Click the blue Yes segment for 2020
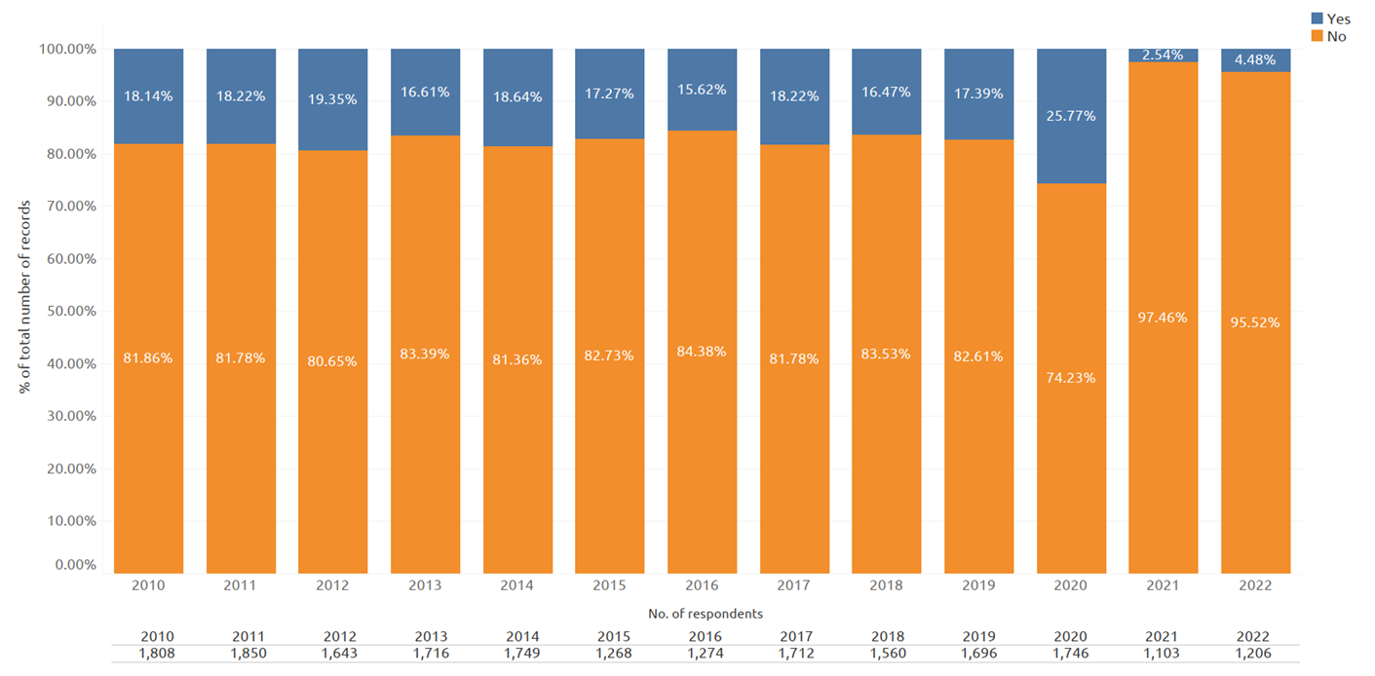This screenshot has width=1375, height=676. [x=1071, y=116]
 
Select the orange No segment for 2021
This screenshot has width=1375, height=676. [x=1164, y=318]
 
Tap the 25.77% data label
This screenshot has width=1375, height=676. [x=1071, y=116]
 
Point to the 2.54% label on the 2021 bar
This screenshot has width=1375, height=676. [x=1163, y=55]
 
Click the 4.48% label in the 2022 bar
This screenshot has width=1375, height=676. [x=1255, y=59]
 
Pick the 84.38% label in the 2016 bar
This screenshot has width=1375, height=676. [x=702, y=352]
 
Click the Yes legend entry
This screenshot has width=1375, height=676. [x=1331, y=19]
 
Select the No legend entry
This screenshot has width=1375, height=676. [x=1329, y=36]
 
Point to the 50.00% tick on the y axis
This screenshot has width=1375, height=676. [x=72, y=311]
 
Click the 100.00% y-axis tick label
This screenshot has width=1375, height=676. [x=67, y=49]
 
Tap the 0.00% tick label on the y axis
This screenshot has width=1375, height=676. [x=75, y=564]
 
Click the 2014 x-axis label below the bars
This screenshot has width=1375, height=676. [x=516, y=585]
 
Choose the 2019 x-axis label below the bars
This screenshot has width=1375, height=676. [x=978, y=585]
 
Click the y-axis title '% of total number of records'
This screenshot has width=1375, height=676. [x=24, y=296]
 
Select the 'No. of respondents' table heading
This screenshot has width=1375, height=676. [x=706, y=614]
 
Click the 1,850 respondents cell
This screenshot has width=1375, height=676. [x=248, y=654]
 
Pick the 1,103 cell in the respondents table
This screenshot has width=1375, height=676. [x=1162, y=654]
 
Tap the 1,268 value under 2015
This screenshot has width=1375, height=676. [x=614, y=654]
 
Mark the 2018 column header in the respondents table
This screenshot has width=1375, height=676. [x=888, y=636]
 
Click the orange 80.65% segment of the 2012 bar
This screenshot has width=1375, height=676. [x=333, y=362]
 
